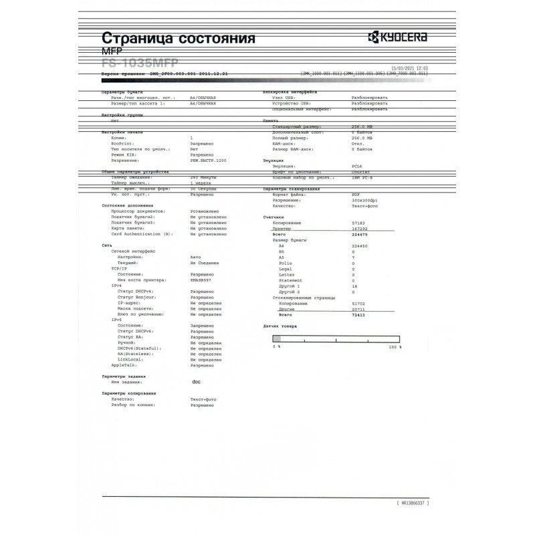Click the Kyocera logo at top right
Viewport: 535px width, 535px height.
pos(397,37)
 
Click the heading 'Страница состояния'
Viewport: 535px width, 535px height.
pos(178,38)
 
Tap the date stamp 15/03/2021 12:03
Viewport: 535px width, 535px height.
pos(409,68)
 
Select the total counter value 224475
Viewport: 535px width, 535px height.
pos(360,235)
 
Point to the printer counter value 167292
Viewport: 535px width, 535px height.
pos(360,229)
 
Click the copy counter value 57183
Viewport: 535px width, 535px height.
pos(358,223)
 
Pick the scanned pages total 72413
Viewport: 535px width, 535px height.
pos(358,315)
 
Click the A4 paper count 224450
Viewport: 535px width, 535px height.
pos(360,246)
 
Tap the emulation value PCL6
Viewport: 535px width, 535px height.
pos(357,165)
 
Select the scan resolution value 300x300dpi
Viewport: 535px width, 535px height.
pos(364,200)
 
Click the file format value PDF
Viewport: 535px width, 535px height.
pos(355,194)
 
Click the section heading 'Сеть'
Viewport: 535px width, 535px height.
pos(106,246)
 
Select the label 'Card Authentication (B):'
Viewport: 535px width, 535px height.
pos(142,234)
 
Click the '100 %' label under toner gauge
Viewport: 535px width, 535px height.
pos(395,348)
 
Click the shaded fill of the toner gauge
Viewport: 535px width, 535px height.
pos(276,340)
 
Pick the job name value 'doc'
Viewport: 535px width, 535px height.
pos(196,383)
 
